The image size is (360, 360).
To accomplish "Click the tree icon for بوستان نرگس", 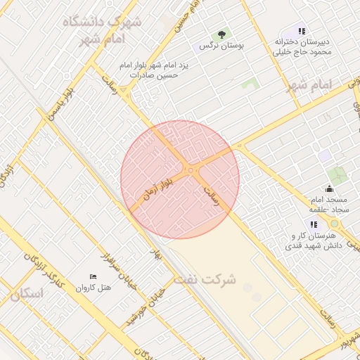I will (222, 33).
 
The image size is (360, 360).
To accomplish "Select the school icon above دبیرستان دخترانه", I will (302, 32).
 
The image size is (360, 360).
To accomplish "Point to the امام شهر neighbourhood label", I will (309, 85).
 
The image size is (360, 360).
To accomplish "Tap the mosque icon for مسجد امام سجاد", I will (329, 188).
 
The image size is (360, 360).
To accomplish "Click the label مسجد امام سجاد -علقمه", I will (328, 205).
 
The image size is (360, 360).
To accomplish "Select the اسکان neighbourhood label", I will (27, 293).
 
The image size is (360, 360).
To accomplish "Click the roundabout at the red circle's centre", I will (191, 169).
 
